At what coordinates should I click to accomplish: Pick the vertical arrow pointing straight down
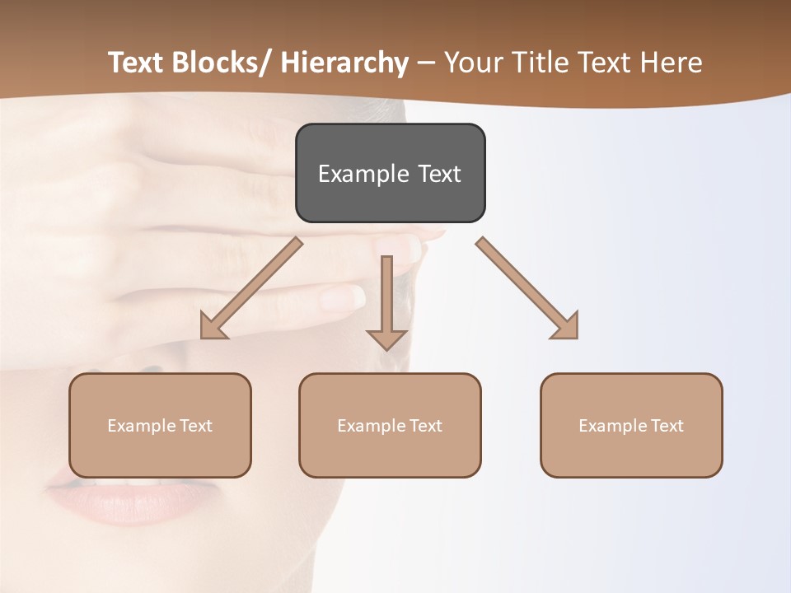[386, 301]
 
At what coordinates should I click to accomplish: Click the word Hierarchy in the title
[344, 63]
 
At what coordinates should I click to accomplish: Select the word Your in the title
[473, 63]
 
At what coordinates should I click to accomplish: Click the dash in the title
[426, 63]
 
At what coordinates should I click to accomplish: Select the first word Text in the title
[137, 63]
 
